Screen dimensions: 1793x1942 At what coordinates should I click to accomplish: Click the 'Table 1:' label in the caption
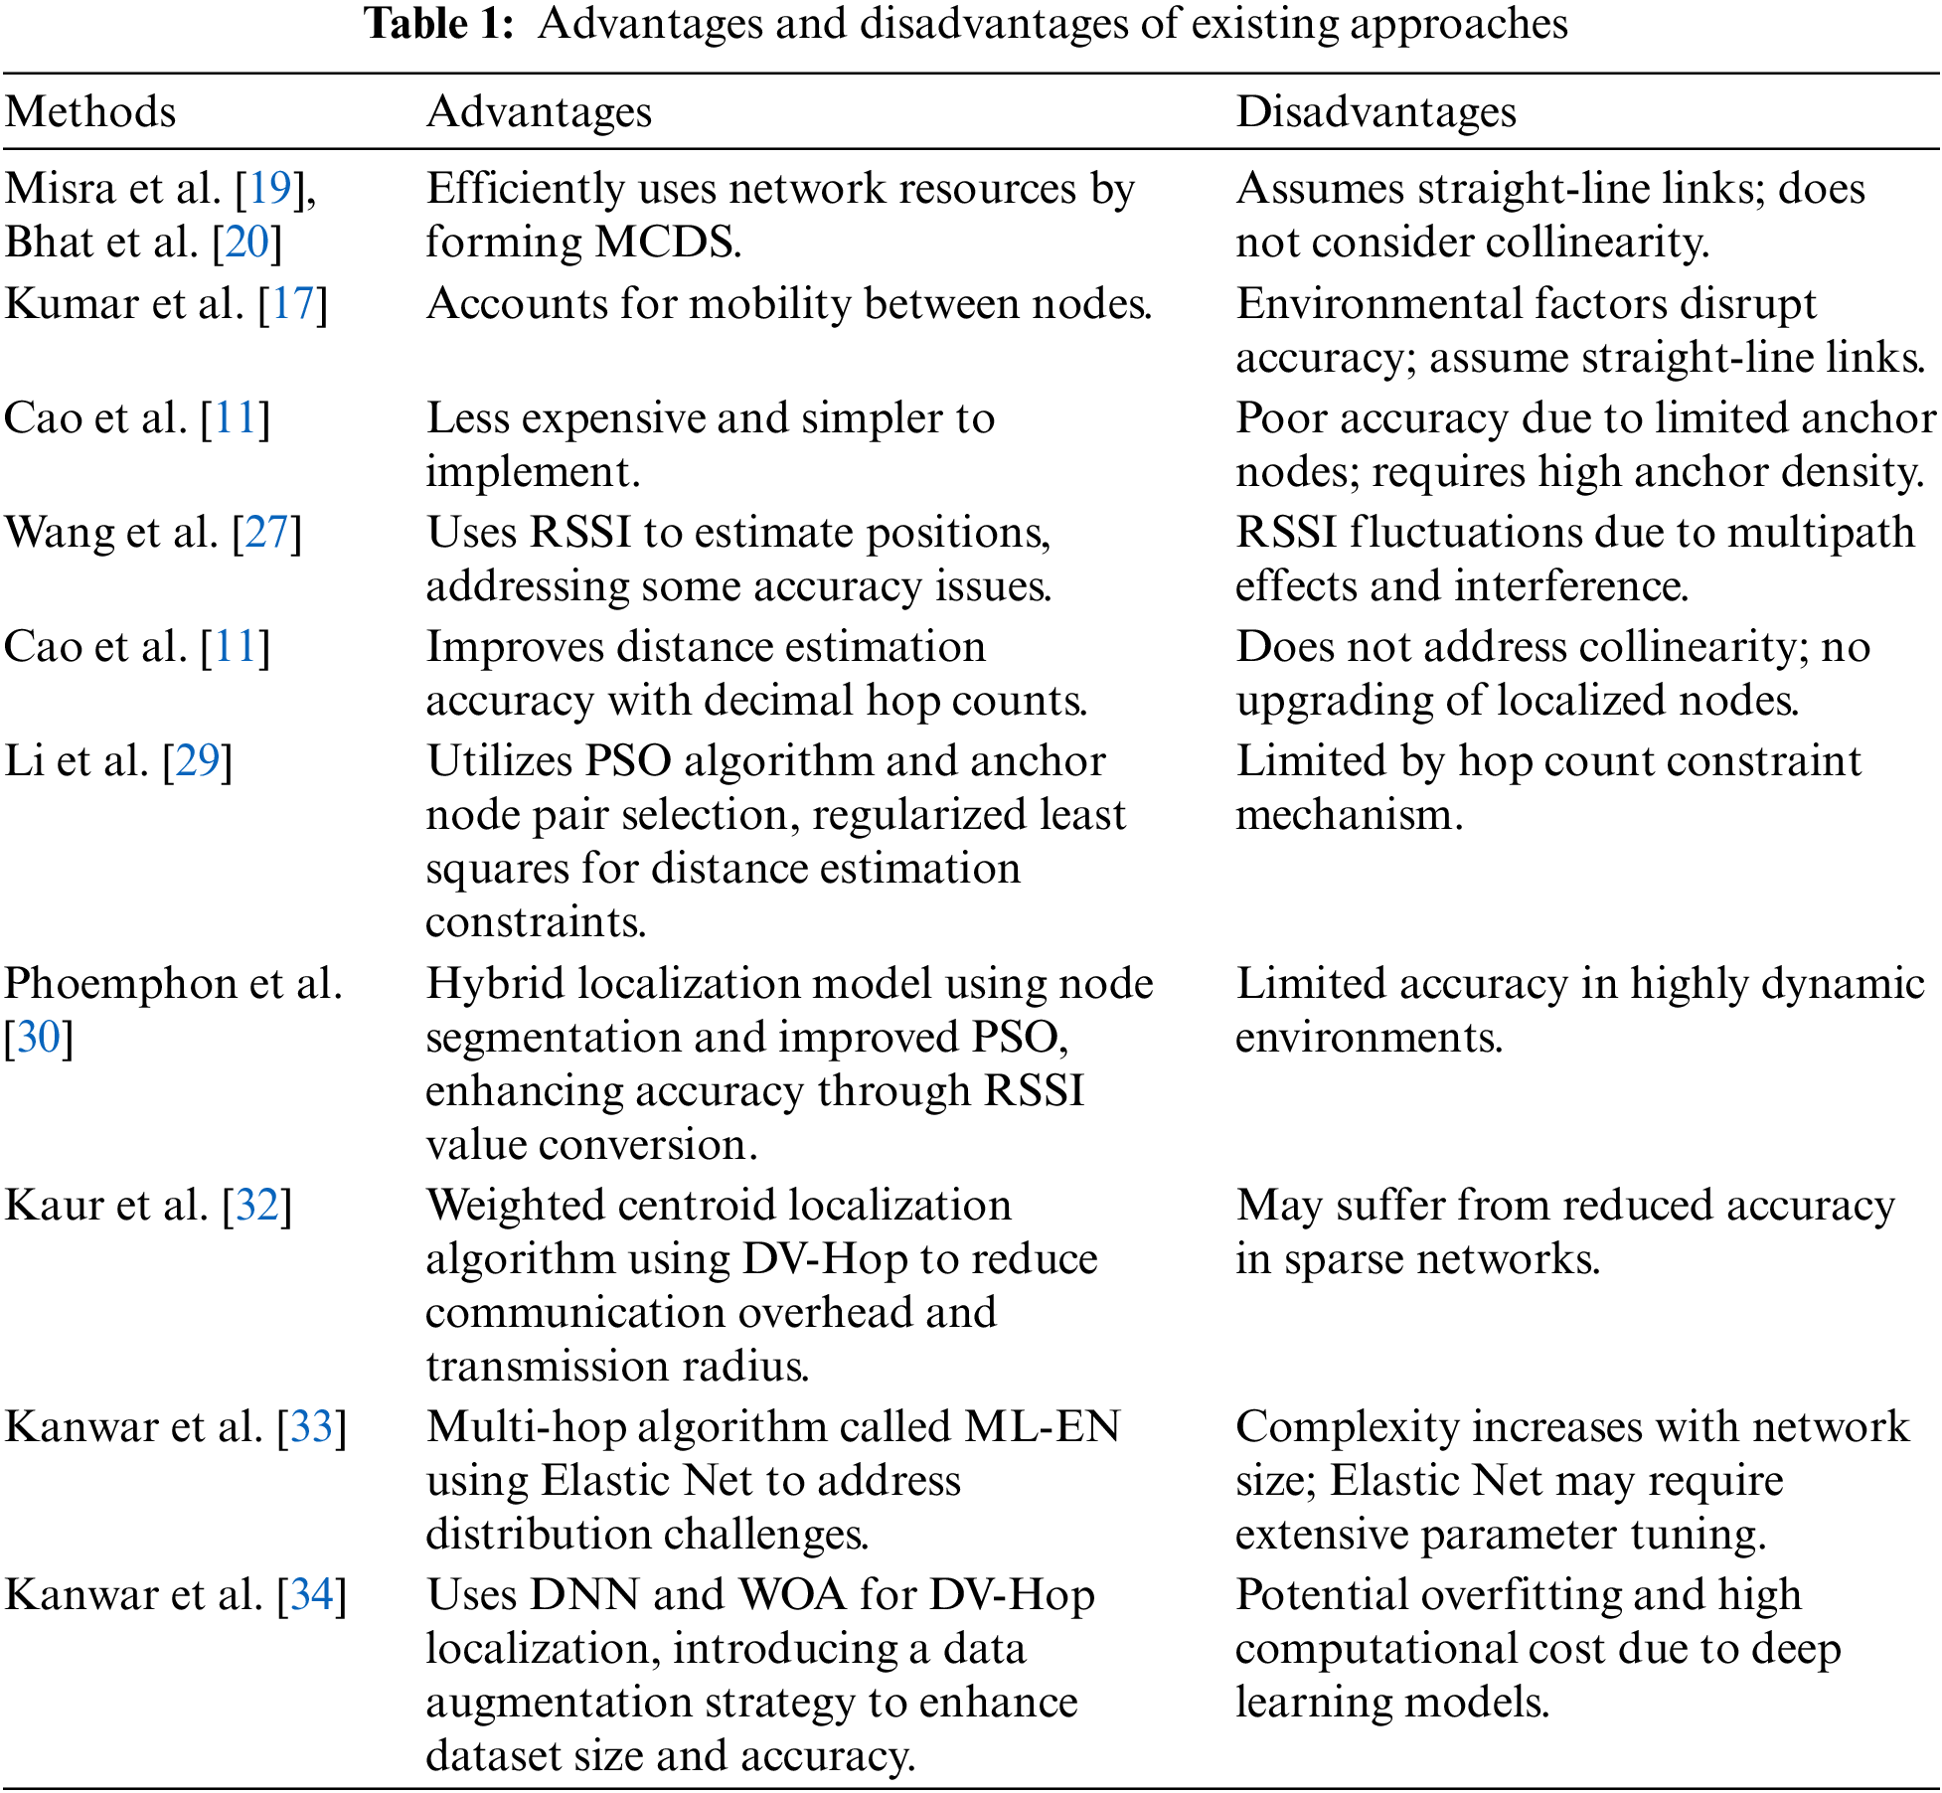tap(439, 24)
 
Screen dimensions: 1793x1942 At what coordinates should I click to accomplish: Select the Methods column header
tap(90, 112)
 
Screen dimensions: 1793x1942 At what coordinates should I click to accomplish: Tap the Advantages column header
tap(539, 112)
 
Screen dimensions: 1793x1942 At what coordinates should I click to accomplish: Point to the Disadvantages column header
tap(1376, 112)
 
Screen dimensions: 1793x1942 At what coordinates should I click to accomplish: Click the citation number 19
tap(269, 189)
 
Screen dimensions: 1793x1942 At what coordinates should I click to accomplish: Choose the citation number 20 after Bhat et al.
tap(247, 243)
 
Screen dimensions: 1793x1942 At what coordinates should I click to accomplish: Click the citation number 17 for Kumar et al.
tap(293, 304)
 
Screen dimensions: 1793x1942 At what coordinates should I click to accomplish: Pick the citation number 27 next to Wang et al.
tap(266, 533)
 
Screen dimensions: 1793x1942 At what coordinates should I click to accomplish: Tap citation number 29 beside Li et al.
tap(198, 761)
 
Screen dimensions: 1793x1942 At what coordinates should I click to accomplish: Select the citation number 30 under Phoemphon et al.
tap(39, 1038)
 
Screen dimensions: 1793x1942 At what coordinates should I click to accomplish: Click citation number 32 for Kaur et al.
tap(257, 1206)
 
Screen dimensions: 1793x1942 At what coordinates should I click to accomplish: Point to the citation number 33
tap(312, 1427)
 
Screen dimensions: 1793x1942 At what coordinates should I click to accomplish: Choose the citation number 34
tap(312, 1595)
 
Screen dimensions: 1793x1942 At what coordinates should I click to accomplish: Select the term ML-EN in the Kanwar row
tap(1042, 1427)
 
